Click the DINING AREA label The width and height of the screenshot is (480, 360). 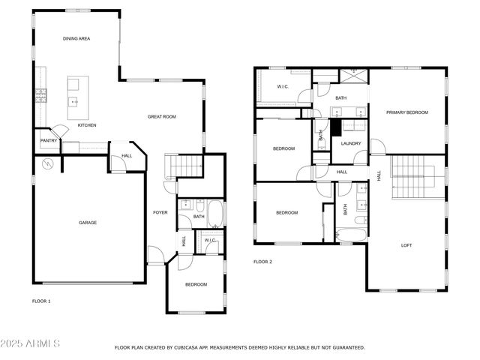pos(76,38)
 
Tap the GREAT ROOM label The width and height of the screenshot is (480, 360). pos(161,116)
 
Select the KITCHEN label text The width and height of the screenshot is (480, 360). pos(88,125)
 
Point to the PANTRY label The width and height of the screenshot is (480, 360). pos(49,140)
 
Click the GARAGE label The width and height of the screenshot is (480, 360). pos(88,222)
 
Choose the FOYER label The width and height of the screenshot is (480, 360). pos(160,212)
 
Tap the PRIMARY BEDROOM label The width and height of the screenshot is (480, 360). pos(406,112)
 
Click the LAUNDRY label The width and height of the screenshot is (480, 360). pos(351,143)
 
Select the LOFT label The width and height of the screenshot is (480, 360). pos(406,245)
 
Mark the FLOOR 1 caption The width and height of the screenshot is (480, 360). pos(41,301)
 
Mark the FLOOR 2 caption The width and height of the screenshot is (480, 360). pos(262,262)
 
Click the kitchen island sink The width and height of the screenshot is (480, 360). pos(74,100)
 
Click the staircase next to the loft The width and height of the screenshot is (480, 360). pos(409,178)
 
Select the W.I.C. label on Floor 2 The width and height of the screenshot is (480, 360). pos(283,87)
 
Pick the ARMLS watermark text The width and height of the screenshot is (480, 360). pos(31,343)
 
